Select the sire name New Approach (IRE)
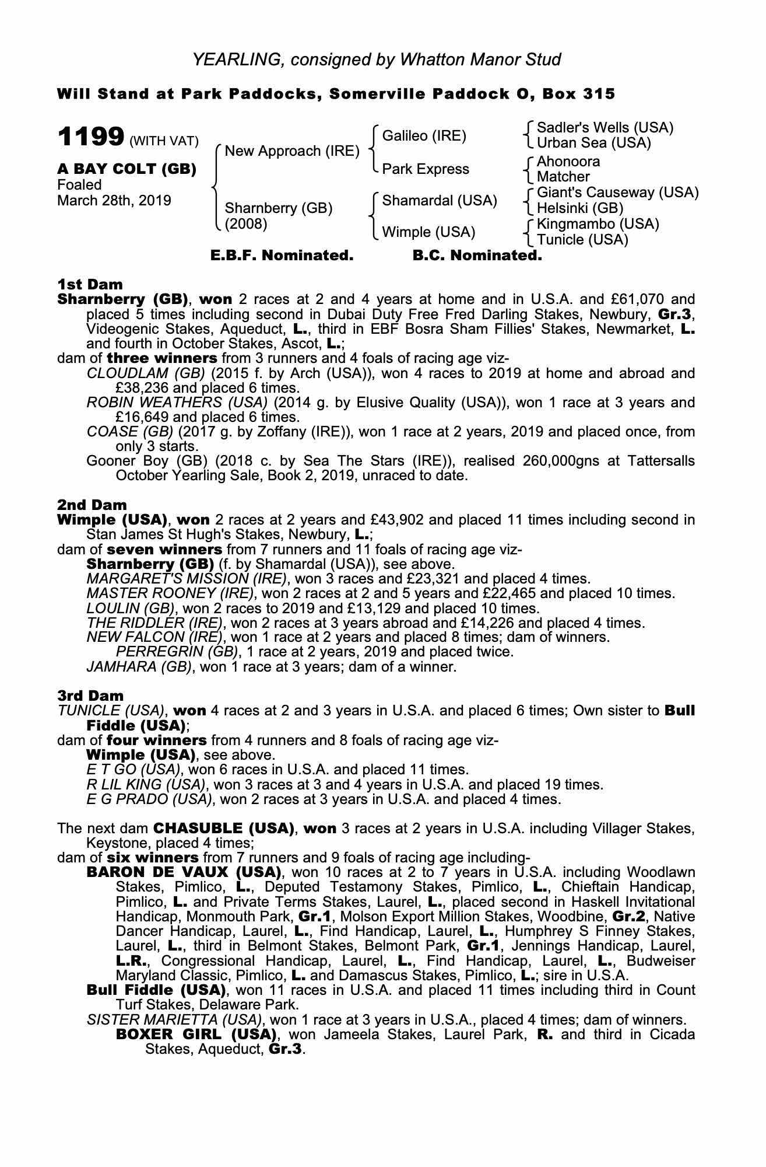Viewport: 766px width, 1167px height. (x=291, y=151)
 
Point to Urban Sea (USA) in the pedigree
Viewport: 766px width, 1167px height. (x=593, y=143)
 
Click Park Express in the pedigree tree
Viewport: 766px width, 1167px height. (x=426, y=169)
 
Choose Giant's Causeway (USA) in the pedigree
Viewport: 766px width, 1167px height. (x=617, y=193)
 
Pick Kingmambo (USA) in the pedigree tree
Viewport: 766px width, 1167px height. (x=598, y=224)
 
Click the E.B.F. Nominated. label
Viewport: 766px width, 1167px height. (x=282, y=256)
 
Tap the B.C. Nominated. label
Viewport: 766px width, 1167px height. (x=477, y=256)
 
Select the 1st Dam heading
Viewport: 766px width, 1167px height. (x=90, y=285)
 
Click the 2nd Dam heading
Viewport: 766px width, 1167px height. (x=92, y=505)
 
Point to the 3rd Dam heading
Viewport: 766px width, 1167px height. (x=90, y=696)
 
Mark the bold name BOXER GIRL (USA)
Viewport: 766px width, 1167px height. (x=196, y=1035)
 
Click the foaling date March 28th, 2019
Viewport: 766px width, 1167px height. (x=114, y=201)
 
